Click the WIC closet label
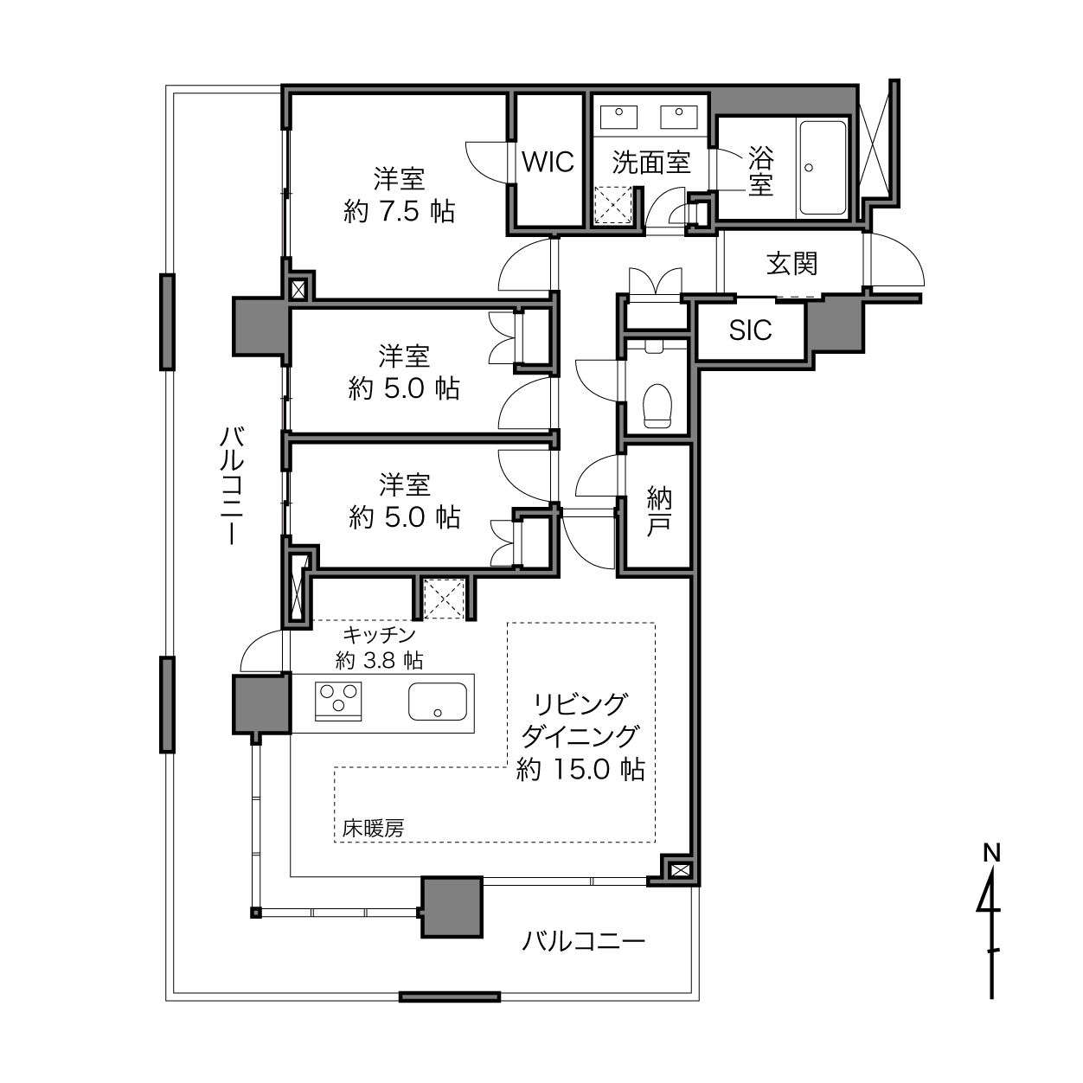pos(548,163)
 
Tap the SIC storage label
pos(750,330)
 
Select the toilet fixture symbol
pos(657,405)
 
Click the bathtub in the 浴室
pos(823,168)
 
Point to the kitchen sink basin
pos(438,702)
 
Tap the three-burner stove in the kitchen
pos(338,701)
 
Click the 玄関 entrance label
pos(791,264)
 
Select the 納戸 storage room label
pos(659,511)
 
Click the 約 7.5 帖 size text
pos(399,211)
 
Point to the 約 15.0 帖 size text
pos(580,769)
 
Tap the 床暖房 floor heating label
pos(373,829)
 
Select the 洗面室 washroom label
pos(650,162)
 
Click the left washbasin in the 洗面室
pos(618,117)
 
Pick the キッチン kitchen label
pos(380,635)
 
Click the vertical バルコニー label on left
pos(232,485)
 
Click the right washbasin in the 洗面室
pos(679,117)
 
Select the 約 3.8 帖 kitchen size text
pos(380,660)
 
